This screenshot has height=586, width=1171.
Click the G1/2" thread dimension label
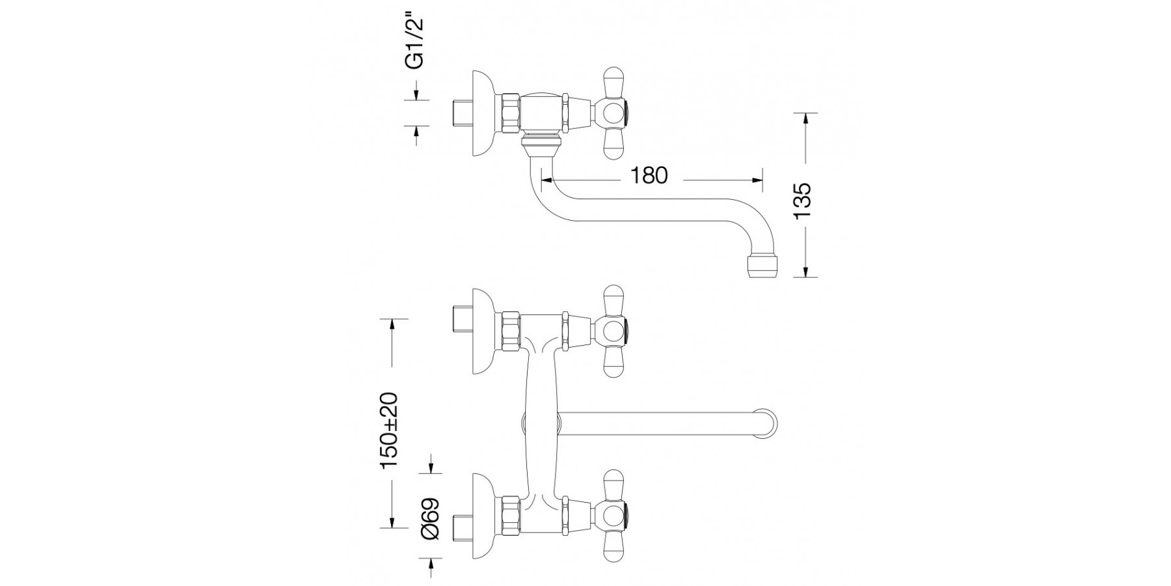414,42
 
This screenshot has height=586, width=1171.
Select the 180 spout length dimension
649,175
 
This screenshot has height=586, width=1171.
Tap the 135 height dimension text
803,201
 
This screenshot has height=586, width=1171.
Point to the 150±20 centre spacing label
389,430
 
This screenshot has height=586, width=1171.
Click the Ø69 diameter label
431,518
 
